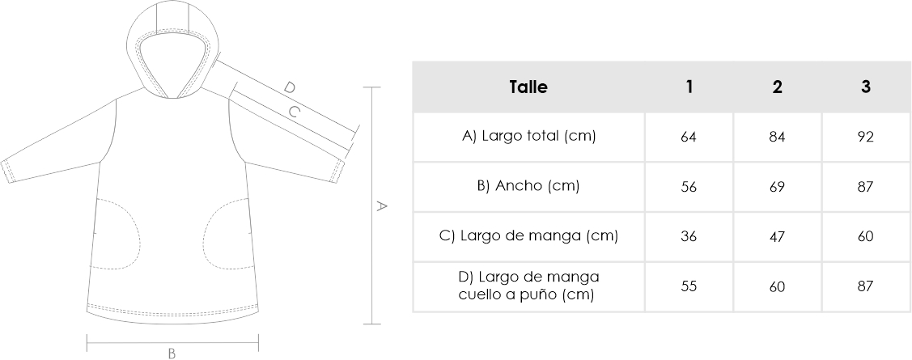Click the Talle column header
(528, 87)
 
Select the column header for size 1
(689, 87)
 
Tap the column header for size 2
(778, 87)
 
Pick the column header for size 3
(866, 87)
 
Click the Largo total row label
(528, 137)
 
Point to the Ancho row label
(528, 187)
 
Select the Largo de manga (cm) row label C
(528, 236)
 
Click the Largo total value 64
(689, 138)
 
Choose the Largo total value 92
(866, 138)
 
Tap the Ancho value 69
(778, 187)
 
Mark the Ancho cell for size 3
(866, 187)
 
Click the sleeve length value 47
(778, 237)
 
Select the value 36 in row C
(689, 237)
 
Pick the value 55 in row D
(689, 286)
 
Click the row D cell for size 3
(866, 286)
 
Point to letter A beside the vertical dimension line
(382, 205)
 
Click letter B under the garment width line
(172, 354)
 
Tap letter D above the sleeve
(289, 88)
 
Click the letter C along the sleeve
(295, 112)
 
